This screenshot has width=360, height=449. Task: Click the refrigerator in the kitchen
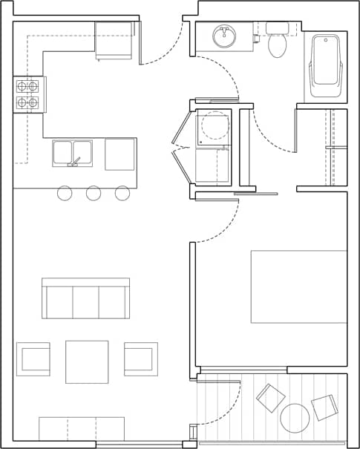114,40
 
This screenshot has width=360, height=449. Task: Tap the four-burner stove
27,94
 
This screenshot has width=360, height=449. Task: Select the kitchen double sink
72,153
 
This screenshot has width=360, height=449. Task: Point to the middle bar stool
94,193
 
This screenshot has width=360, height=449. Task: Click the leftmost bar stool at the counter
65,193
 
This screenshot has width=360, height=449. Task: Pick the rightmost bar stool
122,193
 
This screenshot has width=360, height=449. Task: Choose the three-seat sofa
85,298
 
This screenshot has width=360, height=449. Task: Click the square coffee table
87,361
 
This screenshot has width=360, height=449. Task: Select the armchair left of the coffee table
33,359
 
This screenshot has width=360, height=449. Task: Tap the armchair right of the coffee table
140,359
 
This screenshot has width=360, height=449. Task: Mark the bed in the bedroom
298,286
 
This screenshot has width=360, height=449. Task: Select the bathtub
325,67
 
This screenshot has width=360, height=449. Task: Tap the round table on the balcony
295,418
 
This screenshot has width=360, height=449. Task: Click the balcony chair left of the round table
270,398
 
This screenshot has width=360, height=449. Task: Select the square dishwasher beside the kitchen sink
120,154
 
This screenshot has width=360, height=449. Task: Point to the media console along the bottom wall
82,428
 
